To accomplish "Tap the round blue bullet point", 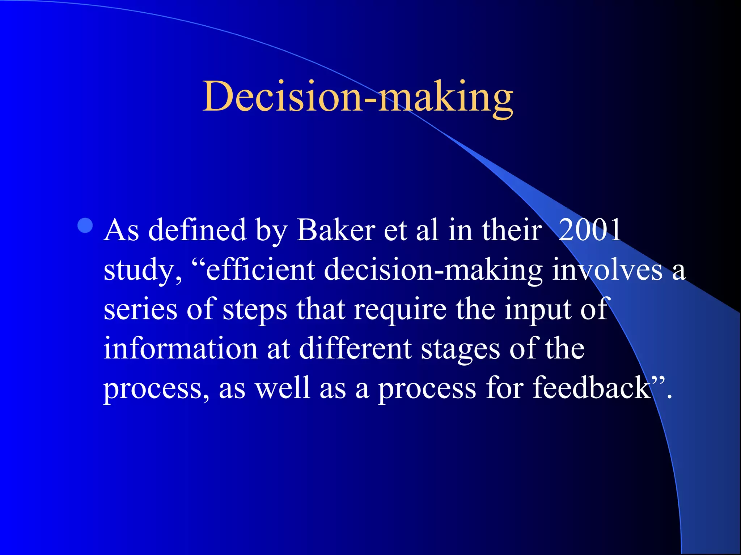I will click(x=85, y=226).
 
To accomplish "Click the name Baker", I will click(x=336, y=230).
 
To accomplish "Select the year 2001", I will click(x=590, y=230).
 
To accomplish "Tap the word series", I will click(x=140, y=310).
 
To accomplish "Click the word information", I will click(x=180, y=349).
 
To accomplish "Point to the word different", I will click(x=355, y=349).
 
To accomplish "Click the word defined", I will click(x=198, y=230).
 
